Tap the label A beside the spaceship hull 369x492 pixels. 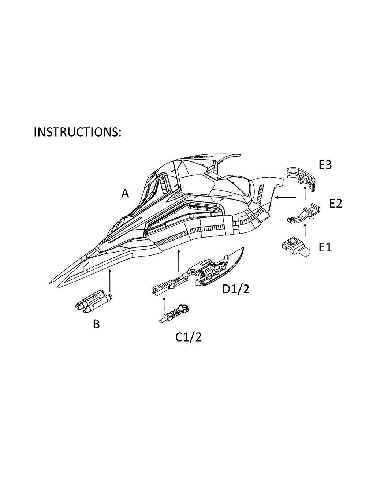pyautogui.click(x=125, y=193)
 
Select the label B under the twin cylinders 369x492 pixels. pyautogui.click(x=96, y=324)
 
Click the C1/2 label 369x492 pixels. pyautogui.click(x=188, y=337)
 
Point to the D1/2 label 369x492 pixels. pyautogui.click(x=236, y=289)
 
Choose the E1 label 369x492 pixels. pyautogui.click(x=325, y=247)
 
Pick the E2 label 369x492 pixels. pyautogui.click(x=335, y=203)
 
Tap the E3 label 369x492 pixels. pyautogui.click(x=325, y=165)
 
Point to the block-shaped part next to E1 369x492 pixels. pyautogui.click(x=296, y=247)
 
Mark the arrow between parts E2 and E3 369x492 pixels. pyautogui.click(x=305, y=193)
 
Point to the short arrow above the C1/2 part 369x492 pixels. pyautogui.click(x=164, y=303)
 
